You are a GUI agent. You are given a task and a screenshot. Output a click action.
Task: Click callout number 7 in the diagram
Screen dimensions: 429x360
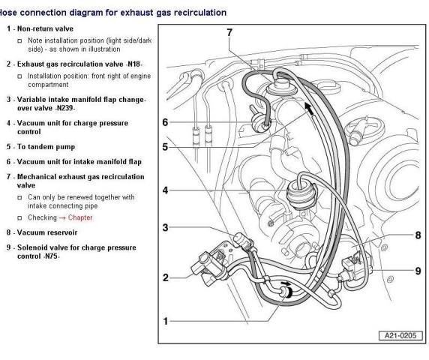pyautogui.click(x=229, y=32)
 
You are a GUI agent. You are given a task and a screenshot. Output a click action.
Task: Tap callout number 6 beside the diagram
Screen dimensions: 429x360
pyautogui.click(x=165, y=122)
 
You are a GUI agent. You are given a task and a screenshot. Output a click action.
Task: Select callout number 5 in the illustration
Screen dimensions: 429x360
pyautogui.click(x=165, y=147)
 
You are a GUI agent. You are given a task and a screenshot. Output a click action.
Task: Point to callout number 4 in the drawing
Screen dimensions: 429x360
pyautogui.click(x=165, y=190)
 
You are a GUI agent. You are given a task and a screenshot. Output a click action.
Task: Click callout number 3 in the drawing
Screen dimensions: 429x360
pyautogui.click(x=165, y=227)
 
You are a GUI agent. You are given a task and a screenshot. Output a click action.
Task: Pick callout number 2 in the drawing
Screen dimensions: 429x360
pyautogui.click(x=166, y=277)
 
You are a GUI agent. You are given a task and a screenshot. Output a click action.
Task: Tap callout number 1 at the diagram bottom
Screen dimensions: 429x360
pyautogui.click(x=165, y=321)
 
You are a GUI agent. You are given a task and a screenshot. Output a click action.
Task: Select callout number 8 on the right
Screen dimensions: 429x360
pyautogui.click(x=418, y=235)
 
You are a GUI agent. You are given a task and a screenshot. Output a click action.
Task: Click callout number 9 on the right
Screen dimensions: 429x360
pyautogui.click(x=418, y=271)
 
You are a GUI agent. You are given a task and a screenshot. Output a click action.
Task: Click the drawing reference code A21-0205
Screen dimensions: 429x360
pyautogui.click(x=400, y=336)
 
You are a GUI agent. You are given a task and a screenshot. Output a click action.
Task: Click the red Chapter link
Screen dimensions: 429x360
pyautogui.click(x=80, y=217)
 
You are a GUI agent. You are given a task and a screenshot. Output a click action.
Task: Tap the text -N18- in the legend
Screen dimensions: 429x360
pyautogui.click(x=133, y=64)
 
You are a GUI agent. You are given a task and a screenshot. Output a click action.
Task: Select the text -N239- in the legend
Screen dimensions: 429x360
pyautogui.click(x=64, y=108)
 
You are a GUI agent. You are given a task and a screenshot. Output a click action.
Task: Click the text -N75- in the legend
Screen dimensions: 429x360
pyautogui.click(x=51, y=256)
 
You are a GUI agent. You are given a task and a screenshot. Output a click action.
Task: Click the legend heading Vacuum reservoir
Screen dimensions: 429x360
pyautogui.click(x=47, y=232)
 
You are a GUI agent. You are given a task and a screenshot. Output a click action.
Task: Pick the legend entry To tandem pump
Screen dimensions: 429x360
pyautogui.click(x=46, y=147)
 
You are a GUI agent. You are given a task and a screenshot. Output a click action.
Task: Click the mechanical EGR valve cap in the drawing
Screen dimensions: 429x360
pyautogui.click(x=282, y=85)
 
